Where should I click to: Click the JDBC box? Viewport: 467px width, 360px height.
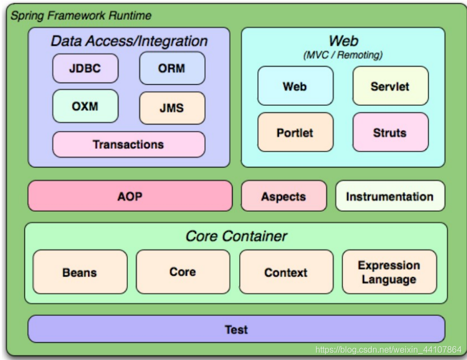85,69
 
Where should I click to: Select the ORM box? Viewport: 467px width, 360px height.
172,68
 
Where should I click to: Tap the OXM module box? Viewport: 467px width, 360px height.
85,106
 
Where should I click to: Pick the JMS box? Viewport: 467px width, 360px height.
172,108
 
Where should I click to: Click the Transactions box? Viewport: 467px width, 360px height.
128,145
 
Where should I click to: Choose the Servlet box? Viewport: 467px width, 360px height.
390,86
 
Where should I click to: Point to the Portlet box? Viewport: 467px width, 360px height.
295,132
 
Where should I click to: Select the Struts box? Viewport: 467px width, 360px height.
390,132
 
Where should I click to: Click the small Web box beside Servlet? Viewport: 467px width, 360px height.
295,86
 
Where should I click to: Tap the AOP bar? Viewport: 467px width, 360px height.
130,196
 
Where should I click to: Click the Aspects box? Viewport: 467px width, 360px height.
284,196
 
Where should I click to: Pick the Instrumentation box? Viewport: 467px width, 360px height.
390,196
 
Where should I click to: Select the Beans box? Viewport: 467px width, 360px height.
80,272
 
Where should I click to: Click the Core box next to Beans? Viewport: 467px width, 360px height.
183,272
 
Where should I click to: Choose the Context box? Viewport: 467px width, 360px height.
286,272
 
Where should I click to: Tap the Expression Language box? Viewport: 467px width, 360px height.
389,272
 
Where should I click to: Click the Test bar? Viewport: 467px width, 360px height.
236,329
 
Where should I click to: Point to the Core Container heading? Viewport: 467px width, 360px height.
236,236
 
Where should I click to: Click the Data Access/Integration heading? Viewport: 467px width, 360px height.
129,41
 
